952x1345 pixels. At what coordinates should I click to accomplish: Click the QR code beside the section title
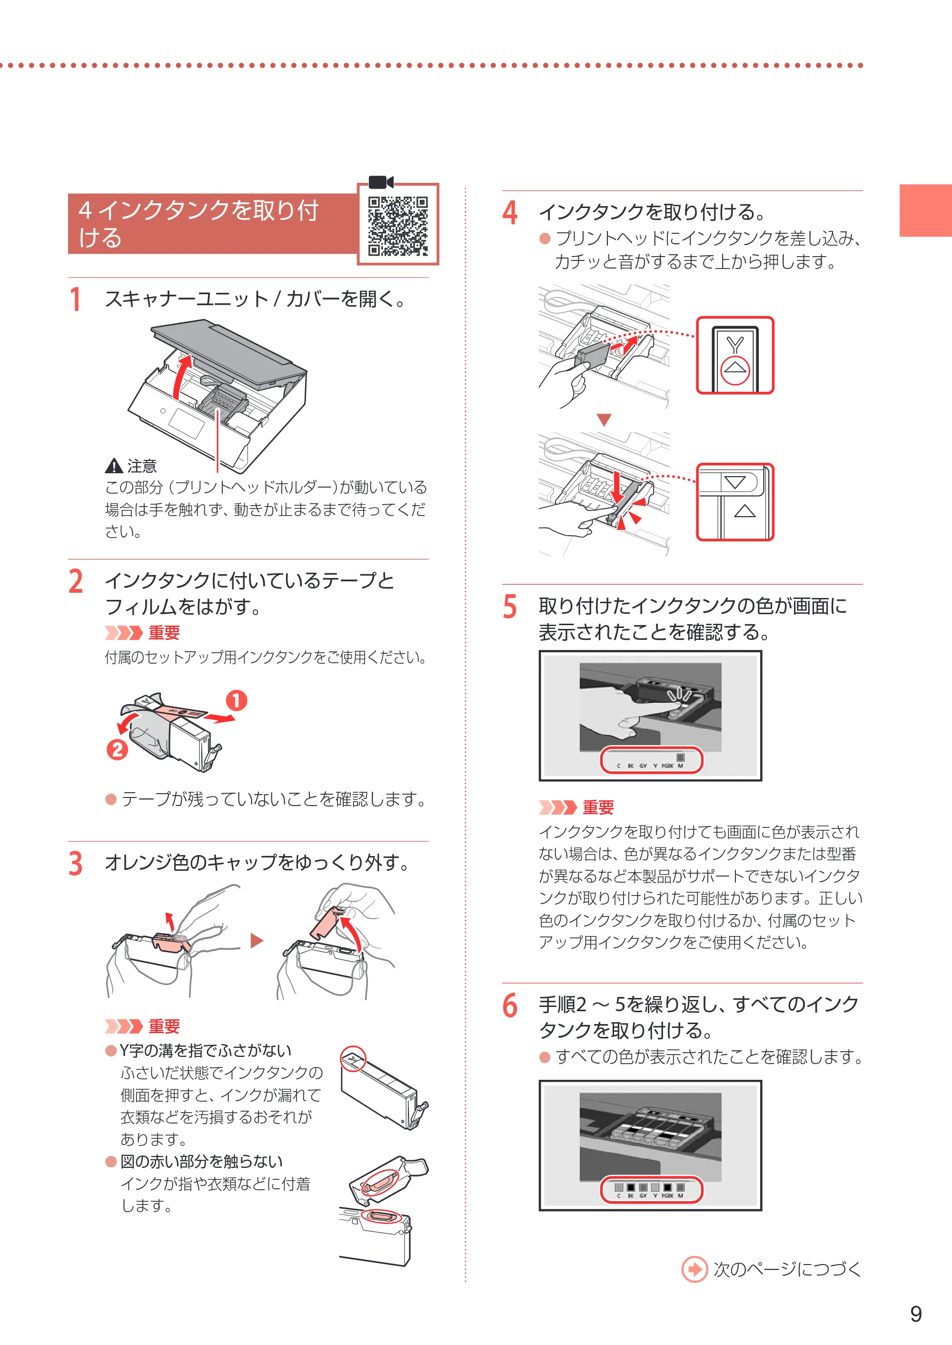[398, 226]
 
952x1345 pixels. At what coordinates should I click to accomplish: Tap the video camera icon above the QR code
[381, 182]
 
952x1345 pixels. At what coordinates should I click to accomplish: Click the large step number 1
[75, 299]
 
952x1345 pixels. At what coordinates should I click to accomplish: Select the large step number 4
[510, 212]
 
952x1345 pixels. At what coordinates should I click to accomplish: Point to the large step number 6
[510, 1006]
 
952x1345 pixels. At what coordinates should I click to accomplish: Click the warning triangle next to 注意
[113, 466]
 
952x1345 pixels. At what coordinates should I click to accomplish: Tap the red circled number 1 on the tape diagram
[236, 700]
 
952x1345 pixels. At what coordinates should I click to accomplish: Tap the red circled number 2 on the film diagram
[117, 749]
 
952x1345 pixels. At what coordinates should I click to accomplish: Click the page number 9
[916, 1314]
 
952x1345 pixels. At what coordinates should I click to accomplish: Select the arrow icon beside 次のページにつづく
[694, 1269]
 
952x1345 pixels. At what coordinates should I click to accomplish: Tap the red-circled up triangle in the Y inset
[735, 370]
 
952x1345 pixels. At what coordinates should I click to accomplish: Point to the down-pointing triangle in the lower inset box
[734, 483]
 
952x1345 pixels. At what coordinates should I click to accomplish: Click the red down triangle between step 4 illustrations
[605, 420]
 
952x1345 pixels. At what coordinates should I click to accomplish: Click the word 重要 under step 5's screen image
[598, 808]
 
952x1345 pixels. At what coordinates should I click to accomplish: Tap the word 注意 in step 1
[142, 466]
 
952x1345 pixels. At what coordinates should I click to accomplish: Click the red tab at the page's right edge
[926, 210]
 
